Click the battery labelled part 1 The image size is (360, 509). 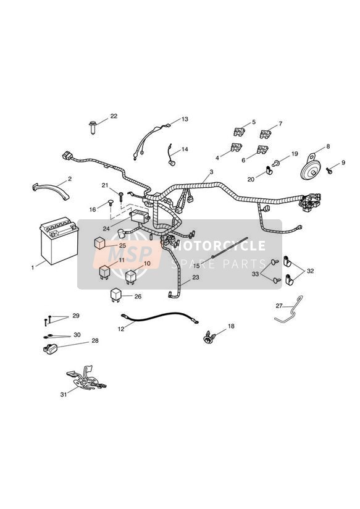59,240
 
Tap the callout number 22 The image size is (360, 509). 114,116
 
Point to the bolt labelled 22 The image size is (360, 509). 93,128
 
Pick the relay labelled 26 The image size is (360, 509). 116,295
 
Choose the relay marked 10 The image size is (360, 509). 130,277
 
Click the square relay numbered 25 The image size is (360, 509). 100,243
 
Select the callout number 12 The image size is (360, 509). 121,329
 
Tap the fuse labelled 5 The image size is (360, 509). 239,132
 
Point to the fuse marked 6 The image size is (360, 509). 262,149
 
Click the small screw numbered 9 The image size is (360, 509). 329,170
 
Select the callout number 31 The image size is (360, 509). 64,394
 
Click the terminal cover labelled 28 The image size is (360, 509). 50,349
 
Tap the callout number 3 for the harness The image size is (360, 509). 211,172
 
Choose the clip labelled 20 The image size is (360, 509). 268,170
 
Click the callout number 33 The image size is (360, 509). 256,274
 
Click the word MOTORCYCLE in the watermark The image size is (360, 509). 219,245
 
